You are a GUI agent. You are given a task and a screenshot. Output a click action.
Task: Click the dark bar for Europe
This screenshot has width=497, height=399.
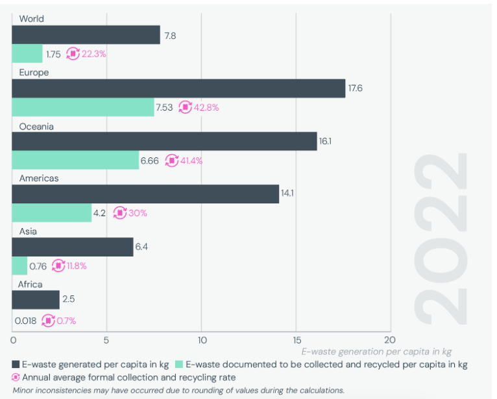coord(178,89)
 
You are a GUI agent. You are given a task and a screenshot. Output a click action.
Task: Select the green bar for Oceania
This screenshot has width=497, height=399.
coord(75,160)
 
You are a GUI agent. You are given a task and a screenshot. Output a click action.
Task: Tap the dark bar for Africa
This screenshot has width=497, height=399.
coord(36,300)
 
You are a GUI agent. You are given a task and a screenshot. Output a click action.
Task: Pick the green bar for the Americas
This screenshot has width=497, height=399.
coord(52,212)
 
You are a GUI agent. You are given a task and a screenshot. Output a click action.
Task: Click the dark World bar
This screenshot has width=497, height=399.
coord(86,35)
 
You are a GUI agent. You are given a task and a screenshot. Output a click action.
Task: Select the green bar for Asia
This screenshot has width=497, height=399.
coord(19,265)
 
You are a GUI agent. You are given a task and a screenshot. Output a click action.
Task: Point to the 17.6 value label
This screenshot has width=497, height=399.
coord(355,89)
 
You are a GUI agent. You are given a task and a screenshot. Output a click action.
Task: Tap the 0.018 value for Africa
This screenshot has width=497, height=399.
coord(25,320)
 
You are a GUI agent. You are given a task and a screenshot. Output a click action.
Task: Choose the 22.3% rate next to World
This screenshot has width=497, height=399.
coord(93,54)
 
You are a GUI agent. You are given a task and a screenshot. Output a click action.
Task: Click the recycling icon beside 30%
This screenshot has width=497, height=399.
coord(120,212)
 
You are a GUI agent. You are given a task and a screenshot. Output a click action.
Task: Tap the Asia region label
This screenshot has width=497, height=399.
coord(28,231)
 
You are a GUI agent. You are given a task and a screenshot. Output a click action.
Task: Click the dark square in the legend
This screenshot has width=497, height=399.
coord(16,365)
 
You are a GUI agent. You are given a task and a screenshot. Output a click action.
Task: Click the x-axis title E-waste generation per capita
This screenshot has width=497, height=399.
coord(376,352)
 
